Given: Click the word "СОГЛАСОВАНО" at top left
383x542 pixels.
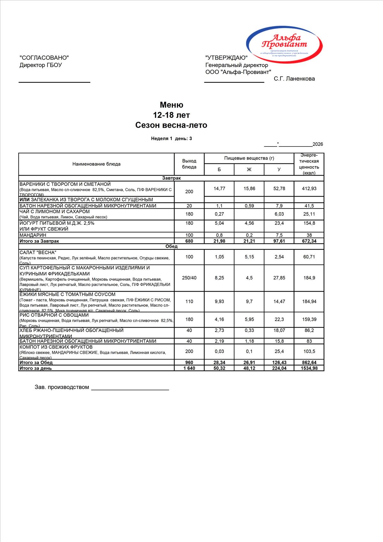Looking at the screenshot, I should [x=44, y=58].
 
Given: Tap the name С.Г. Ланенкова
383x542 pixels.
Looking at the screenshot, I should [x=294, y=79].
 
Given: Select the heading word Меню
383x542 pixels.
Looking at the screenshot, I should [x=171, y=105].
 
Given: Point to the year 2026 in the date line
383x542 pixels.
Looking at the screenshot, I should [x=318, y=144].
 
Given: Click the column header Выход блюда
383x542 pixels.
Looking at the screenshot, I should [x=189, y=164].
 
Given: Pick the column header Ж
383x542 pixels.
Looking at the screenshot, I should [x=249, y=169].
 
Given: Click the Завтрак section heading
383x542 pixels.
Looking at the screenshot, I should [x=171, y=178].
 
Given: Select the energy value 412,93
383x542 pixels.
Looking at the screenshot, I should [x=309, y=189].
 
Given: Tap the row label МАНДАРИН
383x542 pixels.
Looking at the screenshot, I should [x=33, y=235].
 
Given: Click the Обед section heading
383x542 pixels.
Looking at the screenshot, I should [x=171, y=246].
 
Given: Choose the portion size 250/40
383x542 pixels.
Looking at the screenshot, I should [x=189, y=278].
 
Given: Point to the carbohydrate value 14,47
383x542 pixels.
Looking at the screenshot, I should [x=279, y=301].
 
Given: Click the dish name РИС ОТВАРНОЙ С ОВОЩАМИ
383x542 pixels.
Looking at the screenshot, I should [x=54, y=315].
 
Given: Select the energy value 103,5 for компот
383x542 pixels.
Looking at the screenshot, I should [x=309, y=351].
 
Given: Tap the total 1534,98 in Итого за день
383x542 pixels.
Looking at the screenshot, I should [x=309, y=368].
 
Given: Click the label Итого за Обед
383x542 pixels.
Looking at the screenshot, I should [x=36, y=363].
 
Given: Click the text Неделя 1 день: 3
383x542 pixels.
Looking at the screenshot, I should [x=171, y=139].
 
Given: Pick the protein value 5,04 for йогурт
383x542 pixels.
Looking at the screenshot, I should [x=219, y=223].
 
